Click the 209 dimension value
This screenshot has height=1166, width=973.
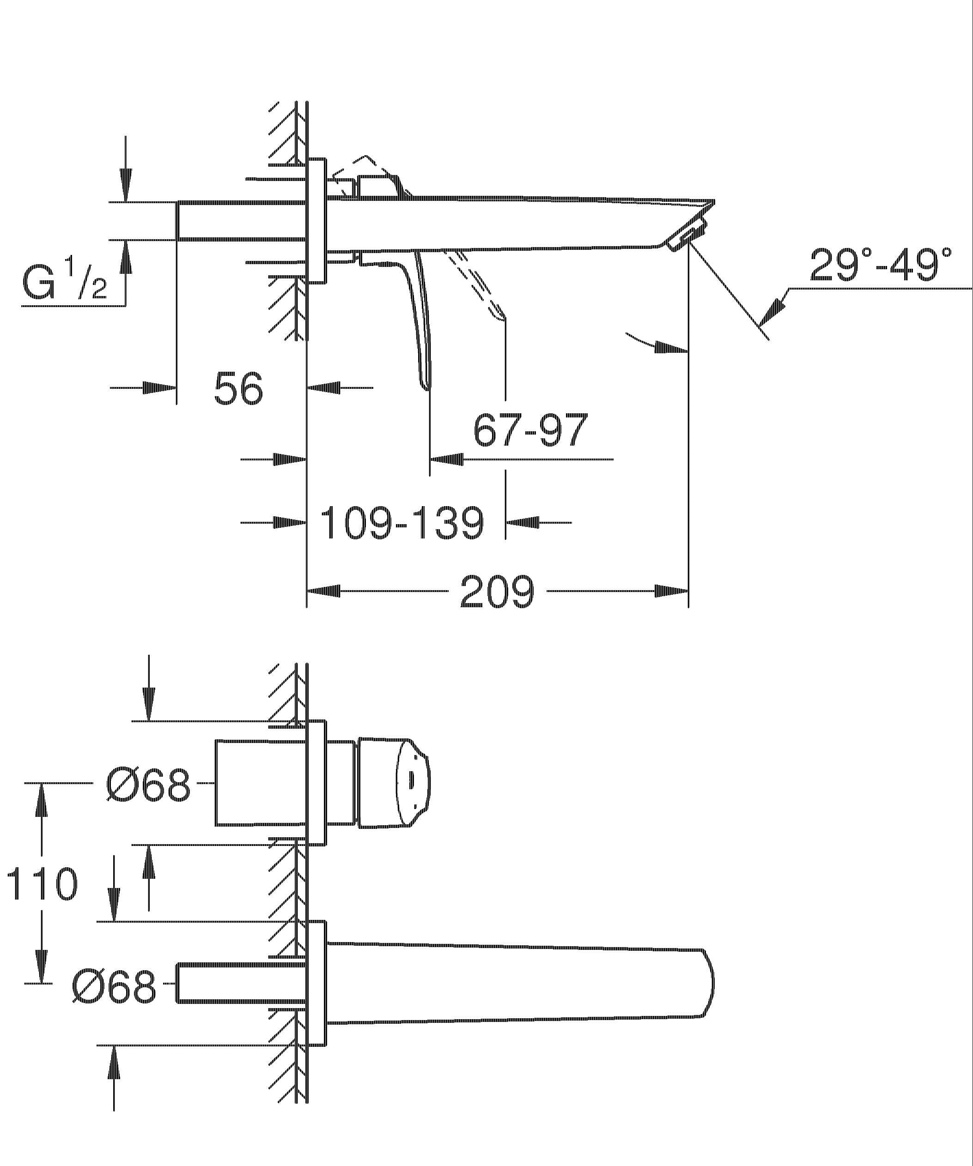click(x=497, y=592)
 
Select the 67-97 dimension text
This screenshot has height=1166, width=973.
click(x=530, y=430)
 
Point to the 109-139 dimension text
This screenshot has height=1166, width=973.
click(x=402, y=522)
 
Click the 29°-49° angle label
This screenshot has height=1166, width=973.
click(x=881, y=265)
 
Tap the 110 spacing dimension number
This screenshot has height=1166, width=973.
click(x=42, y=884)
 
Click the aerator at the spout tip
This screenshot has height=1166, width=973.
click(x=687, y=236)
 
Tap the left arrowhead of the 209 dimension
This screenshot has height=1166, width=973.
click(x=324, y=592)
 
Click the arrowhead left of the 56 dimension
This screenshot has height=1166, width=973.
click(x=159, y=387)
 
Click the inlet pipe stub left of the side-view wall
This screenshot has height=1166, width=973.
click(x=241, y=221)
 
